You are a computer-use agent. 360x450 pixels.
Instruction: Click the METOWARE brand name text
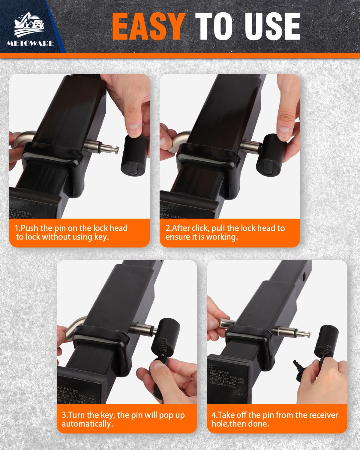[30, 43]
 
